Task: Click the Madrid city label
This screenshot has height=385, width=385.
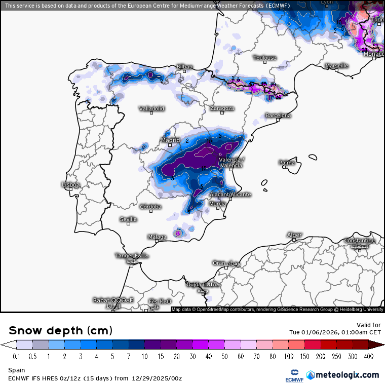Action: click(170, 140)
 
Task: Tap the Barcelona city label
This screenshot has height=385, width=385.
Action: click(278, 115)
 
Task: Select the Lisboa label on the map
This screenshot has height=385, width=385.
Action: click(70, 185)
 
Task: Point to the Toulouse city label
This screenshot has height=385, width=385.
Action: click(264, 58)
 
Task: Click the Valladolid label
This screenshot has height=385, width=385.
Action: click(152, 108)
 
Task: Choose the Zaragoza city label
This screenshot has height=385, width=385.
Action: click(222, 108)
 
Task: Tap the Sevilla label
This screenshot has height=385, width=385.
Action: click(128, 219)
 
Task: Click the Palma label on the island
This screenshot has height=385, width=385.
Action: click(287, 163)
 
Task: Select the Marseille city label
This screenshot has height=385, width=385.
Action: click(336, 66)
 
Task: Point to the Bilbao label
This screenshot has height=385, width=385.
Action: click(184, 67)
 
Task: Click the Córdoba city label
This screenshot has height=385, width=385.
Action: click(150, 207)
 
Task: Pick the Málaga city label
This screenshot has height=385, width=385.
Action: click(157, 237)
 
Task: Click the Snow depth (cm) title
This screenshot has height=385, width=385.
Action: click(60, 330)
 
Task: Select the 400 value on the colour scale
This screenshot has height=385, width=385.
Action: click(368, 357)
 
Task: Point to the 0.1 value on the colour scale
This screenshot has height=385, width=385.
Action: click(16, 357)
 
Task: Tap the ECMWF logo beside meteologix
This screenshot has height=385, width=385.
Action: click(291, 375)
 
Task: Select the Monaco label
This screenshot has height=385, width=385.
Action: click(374, 54)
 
